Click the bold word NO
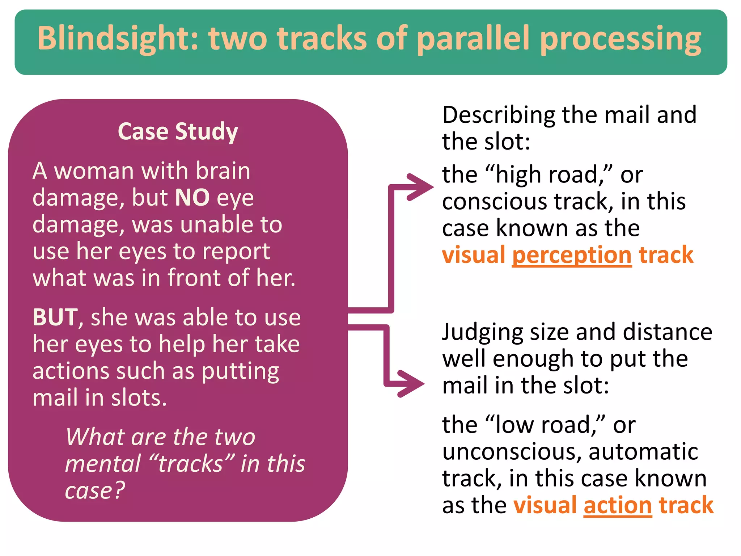pyautogui.click(x=192, y=198)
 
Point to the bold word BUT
pyautogui.click(x=55, y=317)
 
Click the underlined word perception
pyautogui.click(x=572, y=255)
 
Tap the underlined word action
pyautogui.click(x=618, y=505)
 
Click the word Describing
pyautogui.click(x=499, y=115)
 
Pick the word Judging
pyautogui.click(x=483, y=332)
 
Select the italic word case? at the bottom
pyautogui.click(x=95, y=490)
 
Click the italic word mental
pyautogui.click(x=103, y=464)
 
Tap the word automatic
pyautogui.click(x=643, y=452)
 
